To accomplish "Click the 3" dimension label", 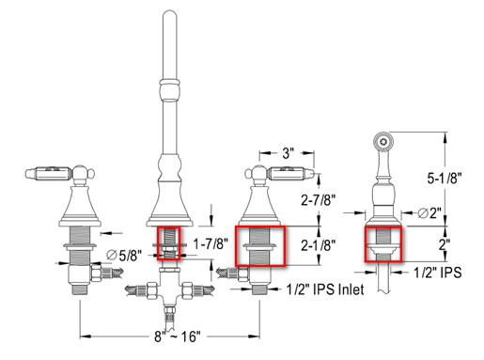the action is pos(288,153).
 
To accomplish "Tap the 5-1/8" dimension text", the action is pos(445,179).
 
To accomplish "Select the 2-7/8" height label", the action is pos(319,200).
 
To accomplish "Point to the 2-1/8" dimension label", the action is pos(319,245).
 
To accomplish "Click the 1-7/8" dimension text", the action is pos(211,243).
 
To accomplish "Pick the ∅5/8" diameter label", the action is pos(124,256).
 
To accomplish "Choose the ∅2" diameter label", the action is pos(429,213).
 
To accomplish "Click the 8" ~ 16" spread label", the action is pos(177,337).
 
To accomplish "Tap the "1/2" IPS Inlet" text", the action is pos(325,290).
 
